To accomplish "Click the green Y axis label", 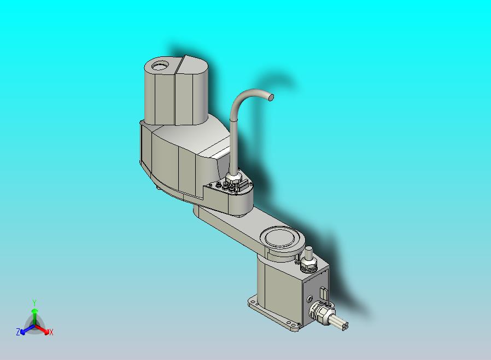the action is (x=34, y=303).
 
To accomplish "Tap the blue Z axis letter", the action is (x=18, y=332).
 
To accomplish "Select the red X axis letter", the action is (x=51, y=332).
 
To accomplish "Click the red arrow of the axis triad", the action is (x=42, y=329).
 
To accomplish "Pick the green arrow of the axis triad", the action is (x=34, y=317).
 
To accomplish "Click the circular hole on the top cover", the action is (x=160, y=66).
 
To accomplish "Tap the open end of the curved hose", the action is (x=271, y=97).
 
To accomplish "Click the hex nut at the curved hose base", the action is (x=233, y=179).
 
